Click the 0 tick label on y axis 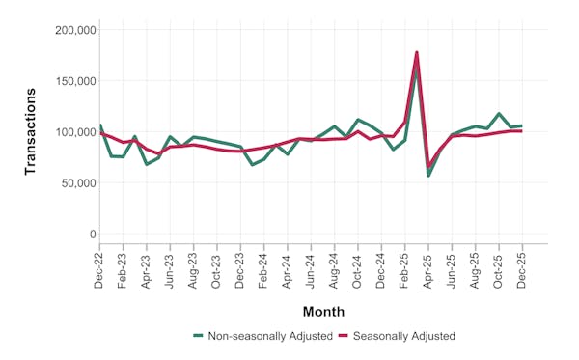click(x=91, y=235)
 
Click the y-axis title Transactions click(x=30, y=131)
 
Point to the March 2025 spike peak click(x=417, y=52)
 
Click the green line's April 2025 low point click(x=428, y=175)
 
